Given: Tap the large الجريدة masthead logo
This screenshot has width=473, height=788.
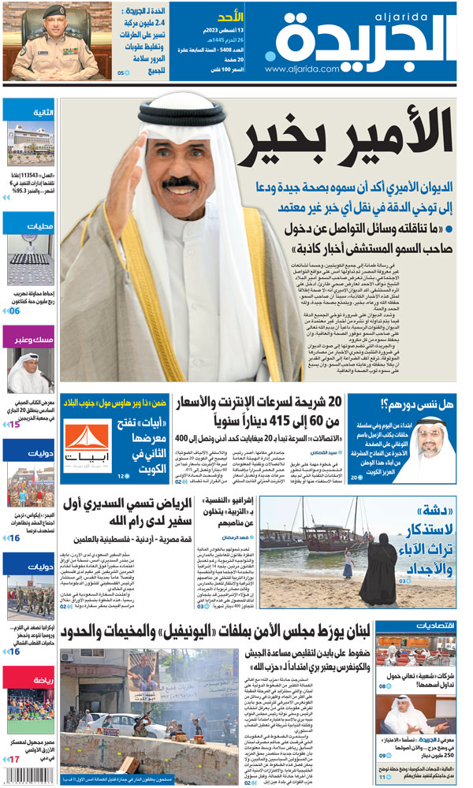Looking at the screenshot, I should click(369, 35).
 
